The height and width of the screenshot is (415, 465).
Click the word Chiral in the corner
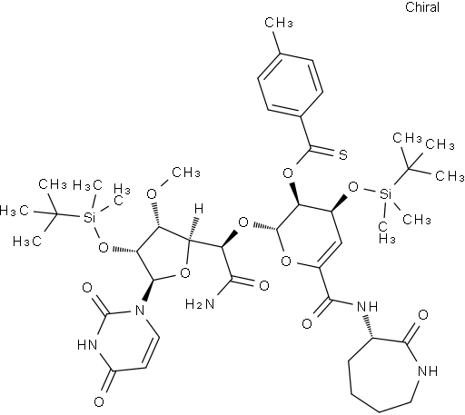click(422, 7)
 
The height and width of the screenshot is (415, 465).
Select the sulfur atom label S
click(342, 155)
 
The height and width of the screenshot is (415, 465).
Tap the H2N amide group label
click(200, 303)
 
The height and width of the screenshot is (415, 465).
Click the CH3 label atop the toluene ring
click(279, 23)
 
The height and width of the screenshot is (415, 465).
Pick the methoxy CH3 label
click(186, 173)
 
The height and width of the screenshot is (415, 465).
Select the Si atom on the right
click(385, 193)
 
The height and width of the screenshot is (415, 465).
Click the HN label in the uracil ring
click(88, 345)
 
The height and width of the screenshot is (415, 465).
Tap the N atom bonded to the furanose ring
click(140, 311)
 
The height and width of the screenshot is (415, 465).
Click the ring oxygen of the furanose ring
click(184, 273)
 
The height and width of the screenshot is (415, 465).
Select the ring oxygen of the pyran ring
click(286, 261)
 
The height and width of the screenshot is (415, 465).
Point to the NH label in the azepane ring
click(428, 371)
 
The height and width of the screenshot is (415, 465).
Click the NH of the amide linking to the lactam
click(368, 307)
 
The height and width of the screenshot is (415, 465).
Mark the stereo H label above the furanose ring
click(199, 209)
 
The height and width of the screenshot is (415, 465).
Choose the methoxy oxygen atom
click(151, 193)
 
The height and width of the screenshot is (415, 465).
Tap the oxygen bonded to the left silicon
click(104, 248)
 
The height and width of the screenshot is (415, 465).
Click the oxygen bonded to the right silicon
click(353, 187)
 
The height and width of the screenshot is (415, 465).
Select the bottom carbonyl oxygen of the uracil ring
click(99, 402)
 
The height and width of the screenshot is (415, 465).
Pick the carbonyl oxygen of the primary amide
click(264, 285)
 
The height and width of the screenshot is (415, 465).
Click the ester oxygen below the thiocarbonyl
click(288, 173)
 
